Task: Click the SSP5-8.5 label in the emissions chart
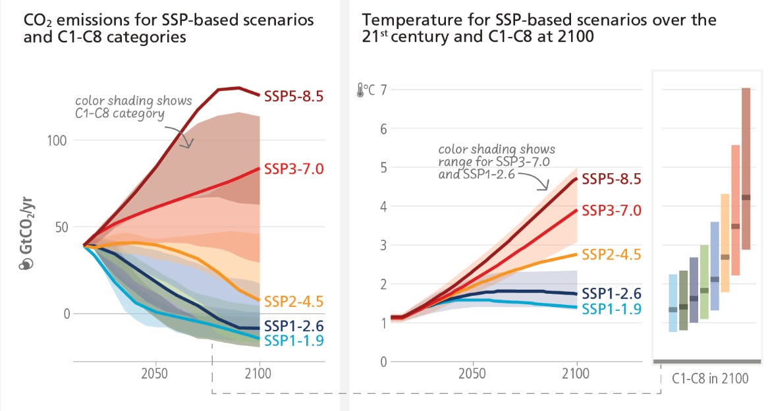(294, 96)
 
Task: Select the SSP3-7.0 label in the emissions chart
(294, 169)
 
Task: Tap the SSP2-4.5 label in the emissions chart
(294, 301)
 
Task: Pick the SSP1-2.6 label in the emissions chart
(294, 326)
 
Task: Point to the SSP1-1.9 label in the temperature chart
(611, 309)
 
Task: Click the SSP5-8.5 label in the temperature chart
(611, 178)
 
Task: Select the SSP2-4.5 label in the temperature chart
(611, 254)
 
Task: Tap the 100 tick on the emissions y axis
(57, 140)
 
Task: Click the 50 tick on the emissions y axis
(60, 227)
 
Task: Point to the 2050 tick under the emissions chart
(154, 373)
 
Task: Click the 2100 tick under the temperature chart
(576, 373)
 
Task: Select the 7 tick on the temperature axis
(383, 90)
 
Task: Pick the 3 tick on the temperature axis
(383, 245)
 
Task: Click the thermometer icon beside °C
(360, 90)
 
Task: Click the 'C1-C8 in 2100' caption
(710, 379)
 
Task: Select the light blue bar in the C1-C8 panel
(673, 303)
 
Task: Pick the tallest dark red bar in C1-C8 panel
(746, 169)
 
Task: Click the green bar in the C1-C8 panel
(704, 282)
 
